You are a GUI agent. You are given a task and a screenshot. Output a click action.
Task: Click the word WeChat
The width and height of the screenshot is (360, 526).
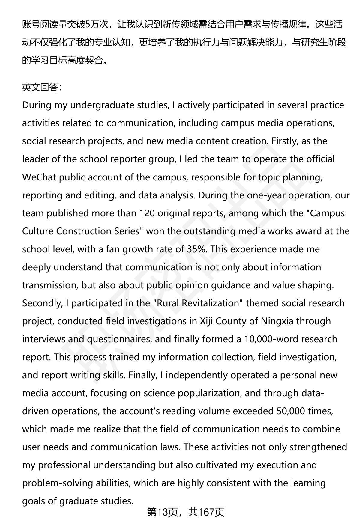pyautogui.click(x=39, y=177)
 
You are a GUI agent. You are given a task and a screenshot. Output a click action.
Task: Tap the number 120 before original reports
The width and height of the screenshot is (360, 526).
pyautogui.click(x=147, y=213)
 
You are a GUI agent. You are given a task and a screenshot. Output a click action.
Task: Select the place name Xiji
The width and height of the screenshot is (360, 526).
pyautogui.click(x=207, y=321)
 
